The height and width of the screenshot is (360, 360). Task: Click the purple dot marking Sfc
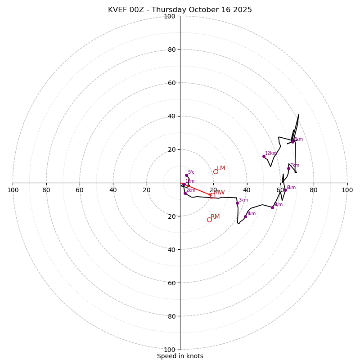tap(186, 175)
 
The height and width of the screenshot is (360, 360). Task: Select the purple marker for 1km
tap(184, 184)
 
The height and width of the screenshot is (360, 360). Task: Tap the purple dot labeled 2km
tap(185, 193)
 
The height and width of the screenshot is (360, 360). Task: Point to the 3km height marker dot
tap(237, 203)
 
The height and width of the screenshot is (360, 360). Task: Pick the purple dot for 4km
tap(245, 216)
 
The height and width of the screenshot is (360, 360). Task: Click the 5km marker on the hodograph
tap(272, 207)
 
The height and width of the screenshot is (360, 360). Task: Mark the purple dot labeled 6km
tap(285, 190)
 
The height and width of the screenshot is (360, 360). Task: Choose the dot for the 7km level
tap(288, 168)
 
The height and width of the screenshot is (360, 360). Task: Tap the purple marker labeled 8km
tap(292, 142)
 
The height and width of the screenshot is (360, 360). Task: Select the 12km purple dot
tap(264, 156)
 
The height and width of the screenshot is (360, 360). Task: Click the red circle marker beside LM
tap(216, 171)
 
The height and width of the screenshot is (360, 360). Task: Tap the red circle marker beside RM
tap(209, 220)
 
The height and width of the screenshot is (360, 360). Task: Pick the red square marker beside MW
tap(212, 196)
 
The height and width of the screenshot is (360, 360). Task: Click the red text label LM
tap(221, 168)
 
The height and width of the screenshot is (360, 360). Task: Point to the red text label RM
tap(215, 217)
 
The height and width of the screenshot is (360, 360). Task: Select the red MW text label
tap(220, 193)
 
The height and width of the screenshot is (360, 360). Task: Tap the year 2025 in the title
tap(243, 10)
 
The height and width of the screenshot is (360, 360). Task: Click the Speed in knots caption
tap(180, 356)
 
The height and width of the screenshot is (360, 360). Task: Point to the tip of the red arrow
tap(211, 195)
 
